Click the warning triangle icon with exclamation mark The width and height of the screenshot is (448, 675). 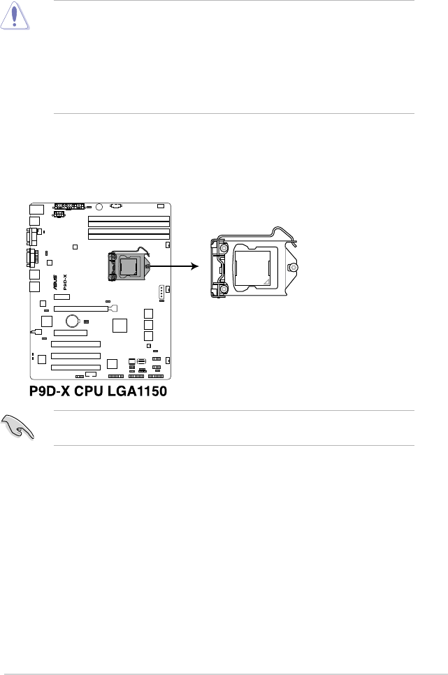pos(15,15)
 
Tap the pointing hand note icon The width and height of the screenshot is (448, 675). pos(18,428)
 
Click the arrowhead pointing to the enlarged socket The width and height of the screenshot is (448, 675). pos(195,266)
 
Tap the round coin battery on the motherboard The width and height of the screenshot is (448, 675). pos(73,321)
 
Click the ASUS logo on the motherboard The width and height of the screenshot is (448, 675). pos(55,282)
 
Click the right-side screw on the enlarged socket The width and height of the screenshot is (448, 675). pos(294,268)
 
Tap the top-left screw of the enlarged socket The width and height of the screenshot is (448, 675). pos(224,248)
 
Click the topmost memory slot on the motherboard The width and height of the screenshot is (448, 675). pos(129,219)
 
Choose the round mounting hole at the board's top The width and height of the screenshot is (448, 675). pos(99,207)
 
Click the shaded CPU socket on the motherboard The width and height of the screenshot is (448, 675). pos(129,267)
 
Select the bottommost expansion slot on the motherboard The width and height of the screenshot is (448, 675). pos(75,368)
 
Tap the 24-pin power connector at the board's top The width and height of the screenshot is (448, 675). pos(69,206)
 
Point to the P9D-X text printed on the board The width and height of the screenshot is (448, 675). pos(65,282)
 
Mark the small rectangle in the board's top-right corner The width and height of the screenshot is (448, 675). pos(161,206)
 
